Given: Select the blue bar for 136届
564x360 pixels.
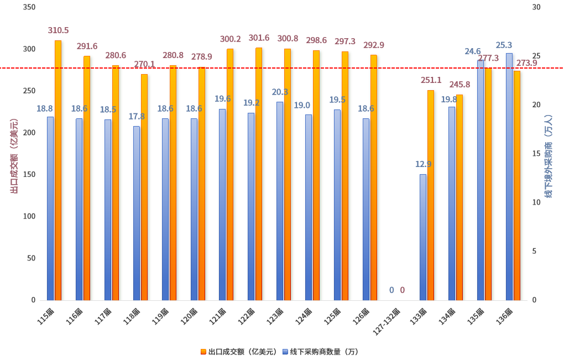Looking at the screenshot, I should tap(509, 177).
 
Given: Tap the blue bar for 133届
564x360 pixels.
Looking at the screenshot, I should tap(423, 237).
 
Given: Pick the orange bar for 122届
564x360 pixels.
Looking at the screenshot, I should tap(259, 174).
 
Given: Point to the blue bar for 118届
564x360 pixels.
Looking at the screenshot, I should tap(136, 213).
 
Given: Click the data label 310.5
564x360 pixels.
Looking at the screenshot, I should tap(58, 30).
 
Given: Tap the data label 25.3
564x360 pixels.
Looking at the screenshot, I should tap(504, 45).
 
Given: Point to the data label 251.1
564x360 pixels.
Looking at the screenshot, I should tap(431, 80).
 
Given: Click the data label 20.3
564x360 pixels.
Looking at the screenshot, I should tap(280, 92).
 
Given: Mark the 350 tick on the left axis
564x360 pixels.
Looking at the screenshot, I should tap(30, 7).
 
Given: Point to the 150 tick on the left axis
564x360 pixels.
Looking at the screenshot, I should tap(30, 175).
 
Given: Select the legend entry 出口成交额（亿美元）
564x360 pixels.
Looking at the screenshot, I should tap(238, 352).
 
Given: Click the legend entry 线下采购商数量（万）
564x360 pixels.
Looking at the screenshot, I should tap(320, 352).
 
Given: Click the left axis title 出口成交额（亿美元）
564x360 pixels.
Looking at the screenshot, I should tap(14, 156).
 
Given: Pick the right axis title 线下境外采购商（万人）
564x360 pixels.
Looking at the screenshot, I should tap(549, 156).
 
